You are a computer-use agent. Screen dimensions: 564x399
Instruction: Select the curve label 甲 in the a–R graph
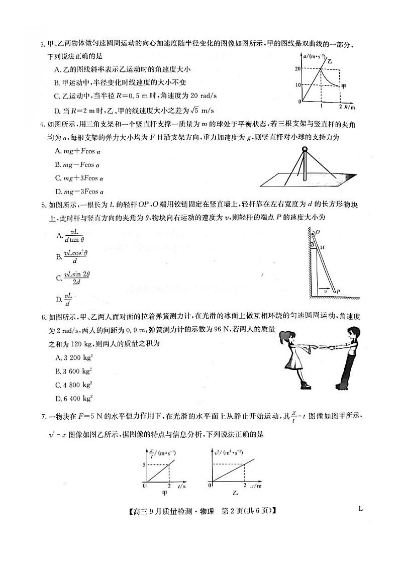point(344,86)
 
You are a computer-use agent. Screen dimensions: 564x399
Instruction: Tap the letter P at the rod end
point(339,291)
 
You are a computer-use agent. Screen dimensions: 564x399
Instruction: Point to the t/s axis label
point(181,487)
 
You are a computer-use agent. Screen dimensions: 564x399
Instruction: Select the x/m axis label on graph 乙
point(255,487)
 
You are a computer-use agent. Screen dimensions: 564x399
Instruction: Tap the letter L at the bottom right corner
point(361,508)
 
